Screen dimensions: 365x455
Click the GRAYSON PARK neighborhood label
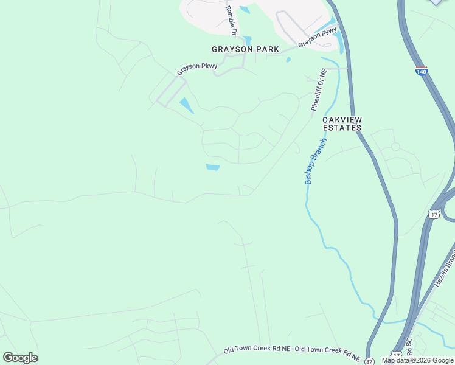click(x=245, y=49)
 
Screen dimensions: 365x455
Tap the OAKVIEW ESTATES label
click(x=342, y=124)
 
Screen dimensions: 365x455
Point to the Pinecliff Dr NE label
click(x=319, y=89)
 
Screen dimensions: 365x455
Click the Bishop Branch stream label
click(x=315, y=161)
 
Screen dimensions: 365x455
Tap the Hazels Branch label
click(x=444, y=272)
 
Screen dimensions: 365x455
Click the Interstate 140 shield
click(x=422, y=71)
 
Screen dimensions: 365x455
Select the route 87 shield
click(x=369, y=361)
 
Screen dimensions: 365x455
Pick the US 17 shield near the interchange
click(x=433, y=214)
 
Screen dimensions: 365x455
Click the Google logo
click(x=20, y=358)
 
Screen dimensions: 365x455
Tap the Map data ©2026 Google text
click(x=417, y=361)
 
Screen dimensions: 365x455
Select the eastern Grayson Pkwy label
click(x=317, y=37)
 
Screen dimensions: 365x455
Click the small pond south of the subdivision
click(x=212, y=167)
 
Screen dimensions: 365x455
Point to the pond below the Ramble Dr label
click(x=247, y=41)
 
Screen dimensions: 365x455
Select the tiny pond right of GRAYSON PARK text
click(x=288, y=60)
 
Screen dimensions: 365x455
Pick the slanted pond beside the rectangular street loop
click(x=186, y=106)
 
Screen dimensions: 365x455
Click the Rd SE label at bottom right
click(x=410, y=350)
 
